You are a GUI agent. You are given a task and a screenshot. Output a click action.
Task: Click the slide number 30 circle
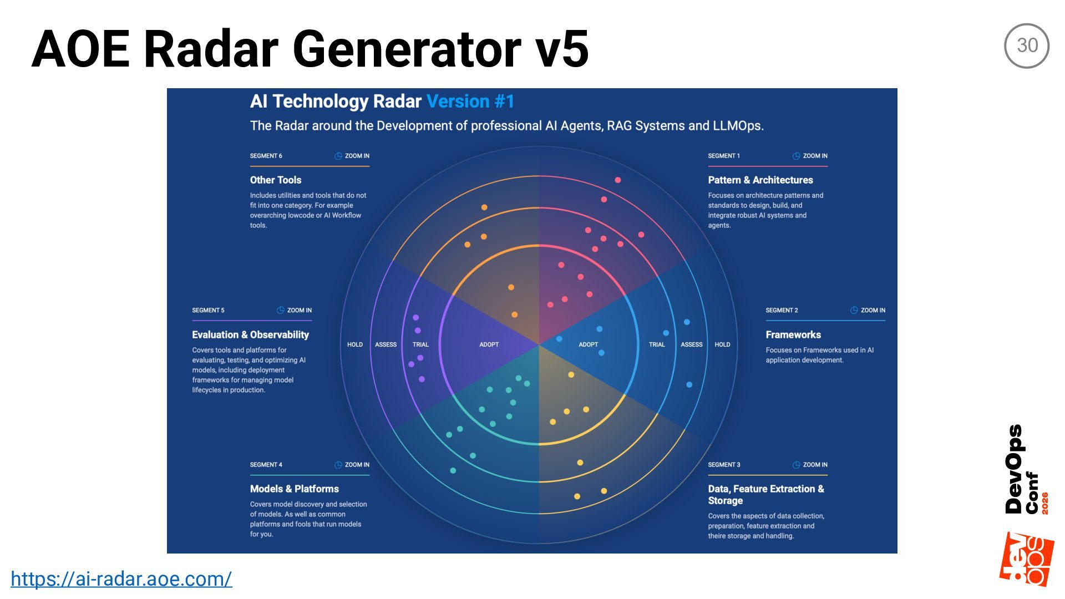[x=1026, y=45]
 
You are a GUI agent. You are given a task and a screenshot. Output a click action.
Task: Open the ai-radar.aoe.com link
[x=121, y=578]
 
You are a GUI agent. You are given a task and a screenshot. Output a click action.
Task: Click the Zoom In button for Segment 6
[x=352, y=156]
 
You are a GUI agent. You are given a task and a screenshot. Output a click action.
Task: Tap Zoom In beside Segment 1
[x=810, y=156]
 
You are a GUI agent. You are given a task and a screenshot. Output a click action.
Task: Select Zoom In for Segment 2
[x=868, y=310]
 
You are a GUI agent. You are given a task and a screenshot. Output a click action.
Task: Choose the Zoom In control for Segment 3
[x=810, y=465]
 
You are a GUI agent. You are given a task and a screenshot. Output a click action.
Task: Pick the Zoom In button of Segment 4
[x=352, y=465]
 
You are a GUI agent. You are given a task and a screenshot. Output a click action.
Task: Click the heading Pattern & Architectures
[x=760, y=180]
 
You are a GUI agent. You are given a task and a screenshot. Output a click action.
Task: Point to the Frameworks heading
[x=793, y=334]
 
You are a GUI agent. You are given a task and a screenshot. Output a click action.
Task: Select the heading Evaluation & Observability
[x=250, y=334]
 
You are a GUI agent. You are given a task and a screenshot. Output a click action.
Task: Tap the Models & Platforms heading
[x=294, y=489]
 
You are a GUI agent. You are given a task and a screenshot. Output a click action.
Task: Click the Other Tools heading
[x=275, y=180]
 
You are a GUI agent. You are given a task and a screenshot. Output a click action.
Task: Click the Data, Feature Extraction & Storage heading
[x=765, y=494]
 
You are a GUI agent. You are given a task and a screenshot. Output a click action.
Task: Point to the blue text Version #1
[x=470, y=101]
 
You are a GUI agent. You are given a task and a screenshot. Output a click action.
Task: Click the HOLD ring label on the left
[x=354, y=344]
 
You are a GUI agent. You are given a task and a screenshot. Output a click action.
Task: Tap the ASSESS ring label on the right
[x=691, y=344]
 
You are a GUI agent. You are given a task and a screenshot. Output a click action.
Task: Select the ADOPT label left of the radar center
[x=489, y=344]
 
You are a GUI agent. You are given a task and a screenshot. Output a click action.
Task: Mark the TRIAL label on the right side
[x=657, y=344]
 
